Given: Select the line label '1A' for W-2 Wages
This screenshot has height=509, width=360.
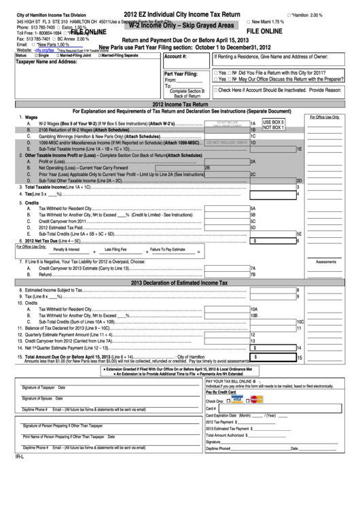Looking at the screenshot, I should pyautogui.click(x=253, y=123).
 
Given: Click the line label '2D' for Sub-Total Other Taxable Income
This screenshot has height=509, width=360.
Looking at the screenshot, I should pyautogui.click(x=298, y=180).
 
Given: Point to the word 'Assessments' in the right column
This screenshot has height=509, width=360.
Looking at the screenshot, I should pyautogui.click(x=326, y=261).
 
